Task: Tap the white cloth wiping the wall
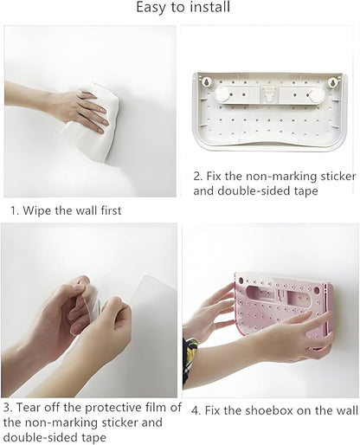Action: click(92, 121)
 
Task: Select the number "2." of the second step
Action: click(198, 176)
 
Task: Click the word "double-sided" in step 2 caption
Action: click(254, 191)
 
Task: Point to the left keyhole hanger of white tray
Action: click(207, 82)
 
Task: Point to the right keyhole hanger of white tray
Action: click(332, 83)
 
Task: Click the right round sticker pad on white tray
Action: click(316, 96)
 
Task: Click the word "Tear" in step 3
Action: click(28, 408)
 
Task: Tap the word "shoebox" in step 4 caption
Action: click(266, 410)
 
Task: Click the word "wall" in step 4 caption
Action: click(348, 410)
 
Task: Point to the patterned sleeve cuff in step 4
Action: click(190, 358)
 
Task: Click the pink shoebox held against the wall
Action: click(284, 309)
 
